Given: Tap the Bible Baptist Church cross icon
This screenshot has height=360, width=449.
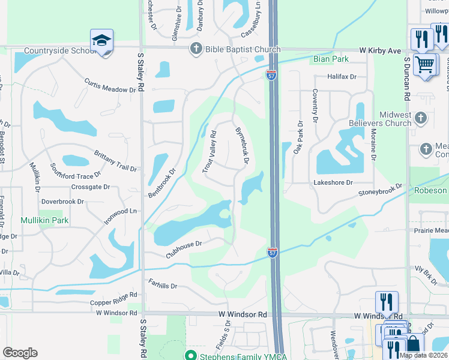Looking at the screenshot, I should (x=196, y=49).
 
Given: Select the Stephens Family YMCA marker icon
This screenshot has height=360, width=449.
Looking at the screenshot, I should (x=191, y=356).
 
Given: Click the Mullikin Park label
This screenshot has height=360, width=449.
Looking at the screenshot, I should (x=44, y=220).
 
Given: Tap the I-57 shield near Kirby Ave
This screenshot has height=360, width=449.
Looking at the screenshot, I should (x=271, y=74).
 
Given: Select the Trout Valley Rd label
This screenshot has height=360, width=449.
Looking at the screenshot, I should (x=208, y=153).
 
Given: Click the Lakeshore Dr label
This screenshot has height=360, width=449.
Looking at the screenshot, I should (x=333, y=182).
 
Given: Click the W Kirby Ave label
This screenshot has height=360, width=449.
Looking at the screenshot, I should (x=380, y=51).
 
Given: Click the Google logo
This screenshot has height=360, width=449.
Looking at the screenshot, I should (x=20, y=353).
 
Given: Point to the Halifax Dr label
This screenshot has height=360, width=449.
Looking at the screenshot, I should (x=342, y=77).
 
